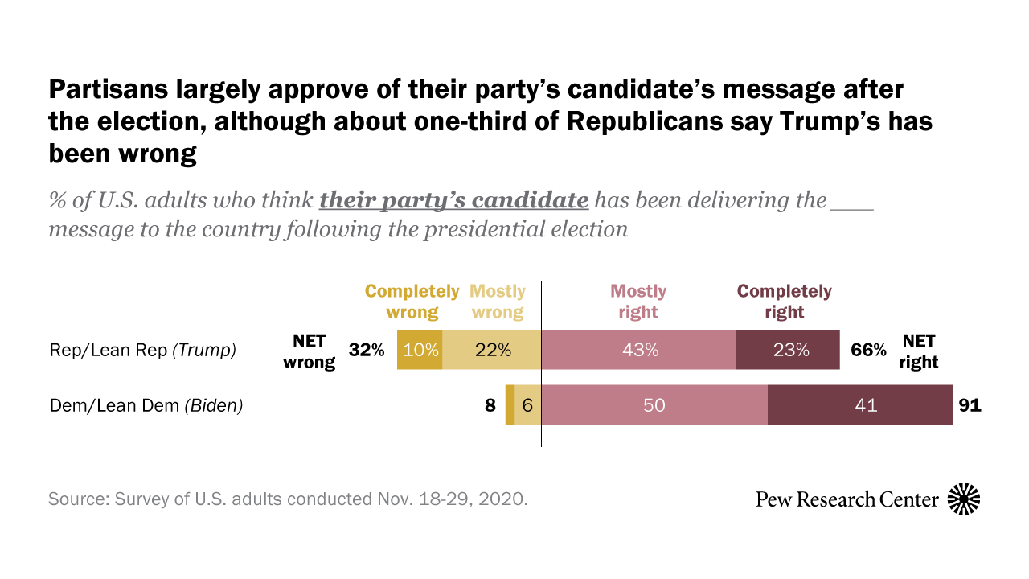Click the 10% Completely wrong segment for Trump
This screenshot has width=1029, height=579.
tap(420, 350)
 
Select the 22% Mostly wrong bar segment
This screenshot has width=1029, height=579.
tap(492, 350)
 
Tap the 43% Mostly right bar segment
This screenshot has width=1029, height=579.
tap(638, 350)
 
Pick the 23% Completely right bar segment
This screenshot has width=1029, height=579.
tap(788, 350)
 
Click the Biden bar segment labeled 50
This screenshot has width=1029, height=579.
tap(654, 405)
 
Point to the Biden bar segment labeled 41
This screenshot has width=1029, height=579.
tap(860, 405)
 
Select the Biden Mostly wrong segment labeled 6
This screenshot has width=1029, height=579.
tap(527, 405)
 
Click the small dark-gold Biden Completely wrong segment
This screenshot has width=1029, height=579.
tap(510, 405)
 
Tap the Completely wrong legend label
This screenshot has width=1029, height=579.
tap(412, 302)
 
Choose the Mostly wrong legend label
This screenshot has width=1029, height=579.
tap(498, 302)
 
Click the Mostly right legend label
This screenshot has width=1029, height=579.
tap(638, 302)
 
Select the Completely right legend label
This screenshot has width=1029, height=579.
tap(785, 302)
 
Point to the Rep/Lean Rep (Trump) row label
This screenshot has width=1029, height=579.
tap(143, 350)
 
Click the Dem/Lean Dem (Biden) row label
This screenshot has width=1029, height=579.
tap(146, 405)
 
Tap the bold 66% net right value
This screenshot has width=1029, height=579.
tap(869, 350)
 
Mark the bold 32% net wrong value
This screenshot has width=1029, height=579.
tap(367, 350)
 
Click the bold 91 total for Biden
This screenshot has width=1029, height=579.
tap(970, 405)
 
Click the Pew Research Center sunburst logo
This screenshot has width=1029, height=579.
tap(964, 499)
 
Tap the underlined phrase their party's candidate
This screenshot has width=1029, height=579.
tap(454, 200)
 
